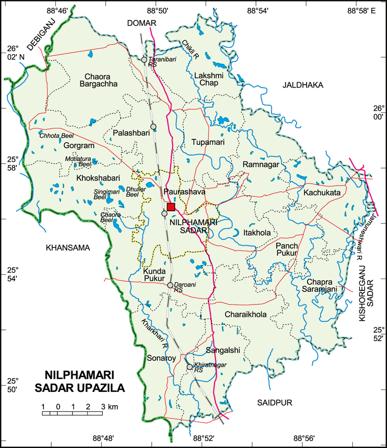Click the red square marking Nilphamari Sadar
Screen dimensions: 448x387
coord(171,207)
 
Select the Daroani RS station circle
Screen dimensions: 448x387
coord(170,285)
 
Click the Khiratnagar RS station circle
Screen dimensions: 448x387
coord(189,367)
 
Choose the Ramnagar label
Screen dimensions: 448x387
coord(261,164)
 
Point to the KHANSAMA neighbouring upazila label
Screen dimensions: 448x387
coord(68,248)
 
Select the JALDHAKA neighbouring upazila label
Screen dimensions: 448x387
coord(303,85)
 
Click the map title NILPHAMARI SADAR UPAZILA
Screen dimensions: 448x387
coord(80,382)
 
